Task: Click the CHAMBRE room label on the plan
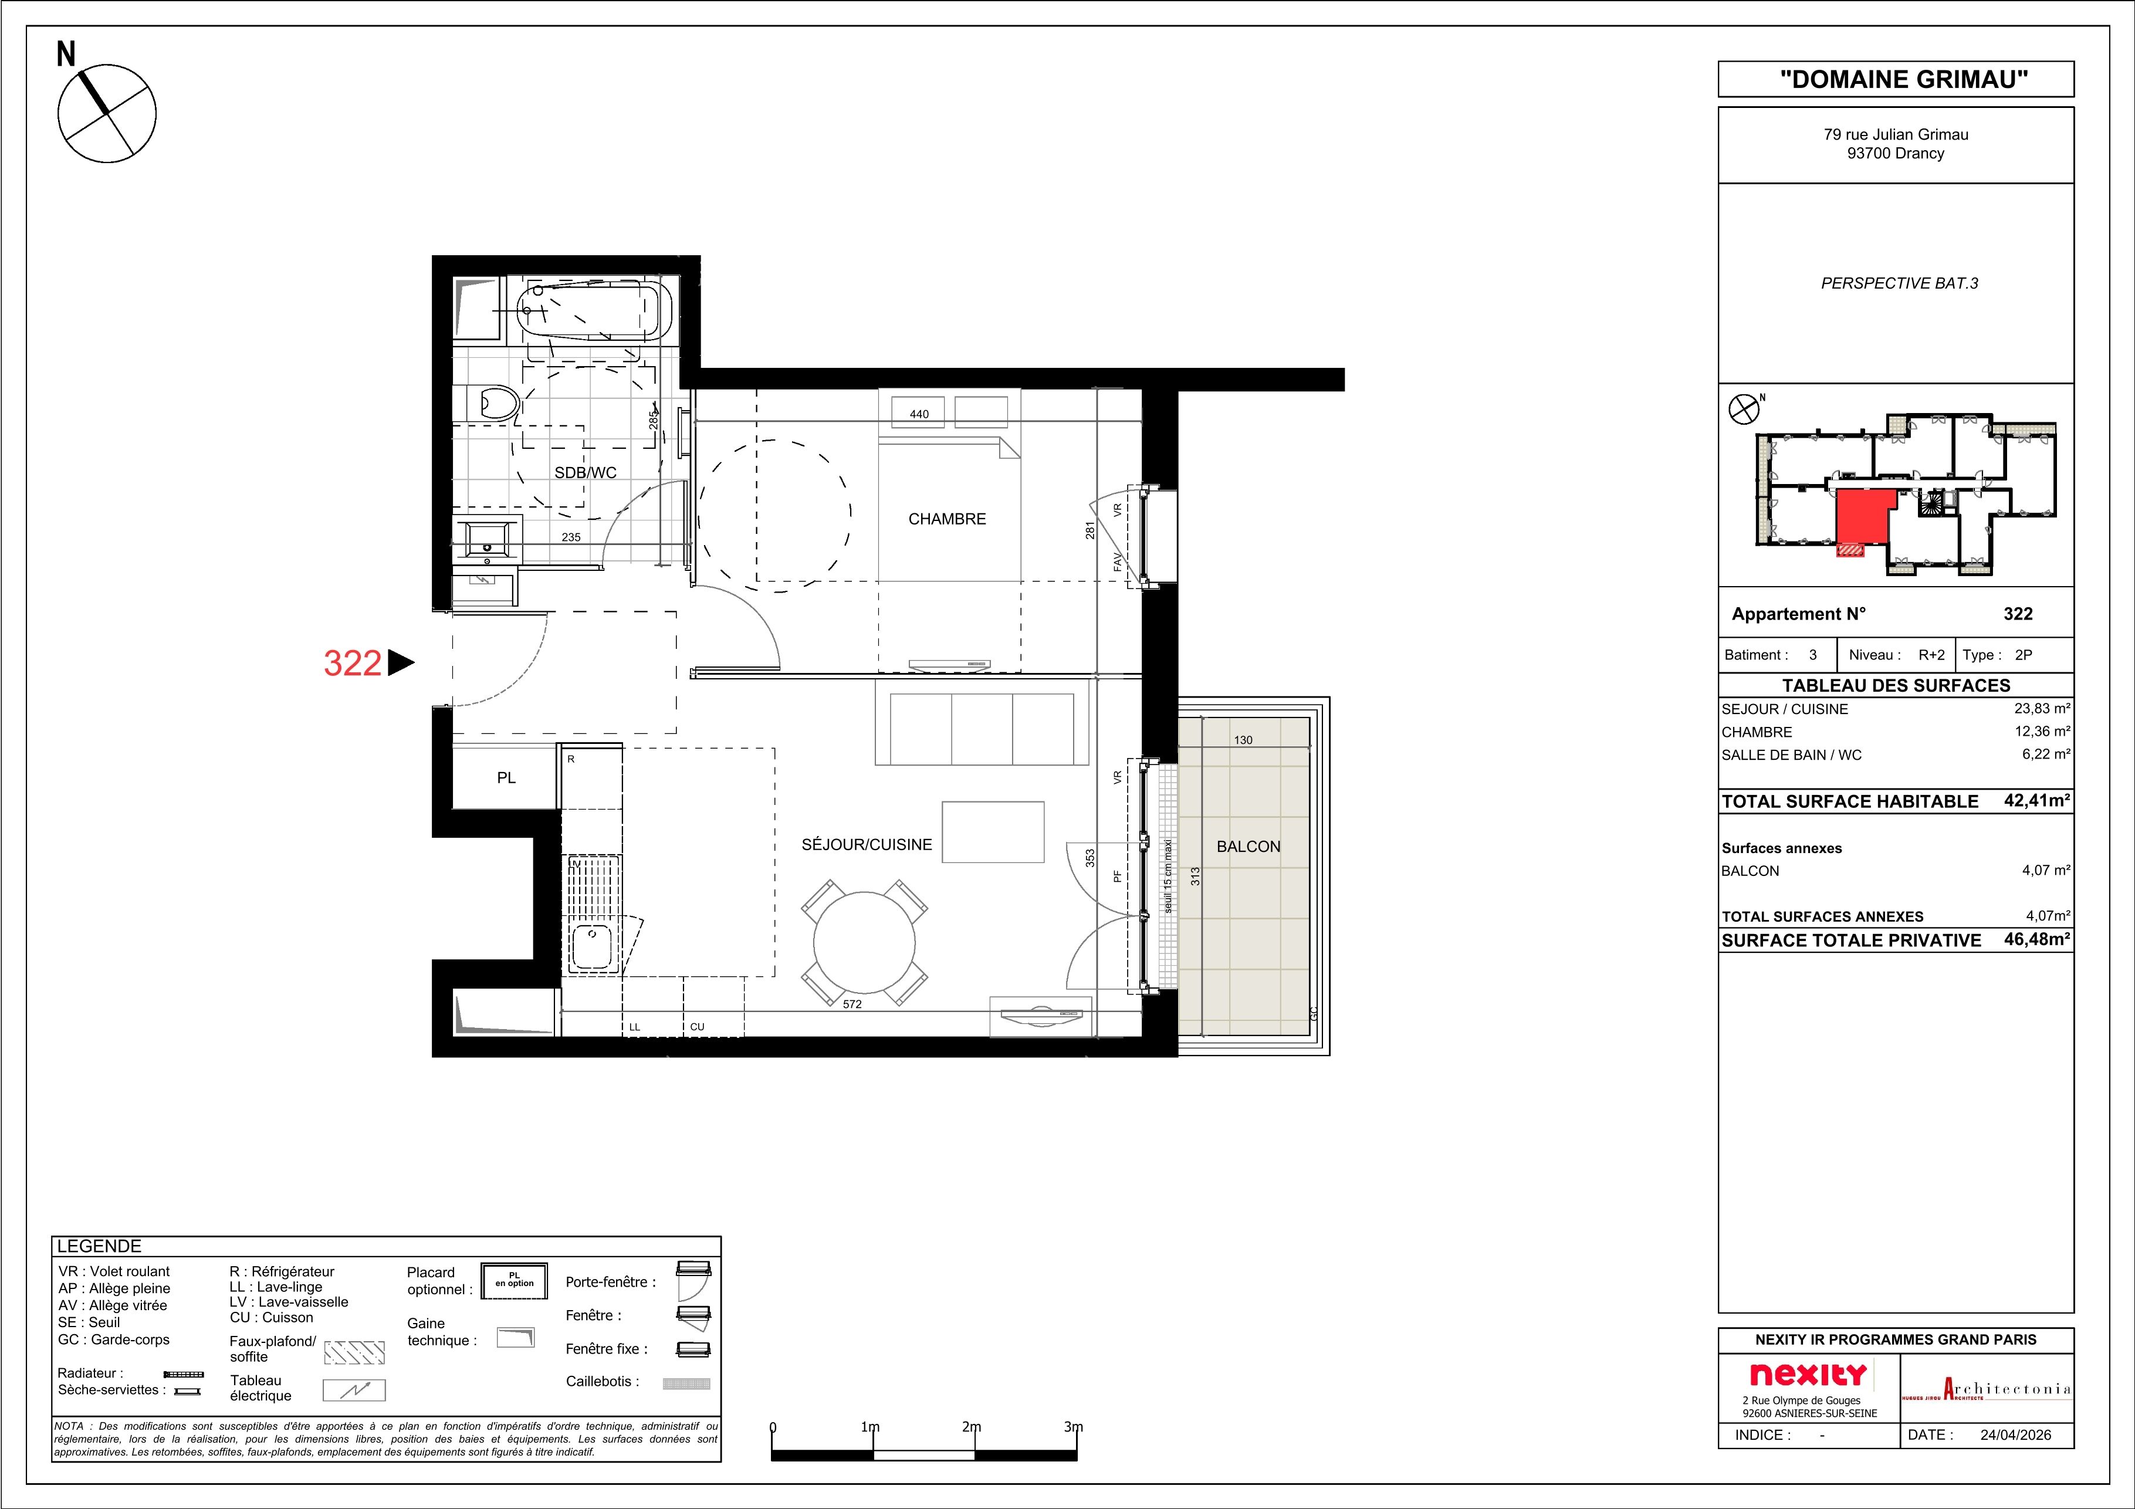[946, 519]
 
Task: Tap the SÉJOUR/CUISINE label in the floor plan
[867, 844]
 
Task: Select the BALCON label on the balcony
[1248, 846]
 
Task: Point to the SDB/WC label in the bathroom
[585, 472]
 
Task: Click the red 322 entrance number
[353, 663]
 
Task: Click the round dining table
[865, 943]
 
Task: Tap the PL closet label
[506, 777]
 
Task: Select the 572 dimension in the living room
[852, 1004]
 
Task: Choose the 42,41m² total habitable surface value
[2036, 800]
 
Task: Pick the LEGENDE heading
[100, 1247]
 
